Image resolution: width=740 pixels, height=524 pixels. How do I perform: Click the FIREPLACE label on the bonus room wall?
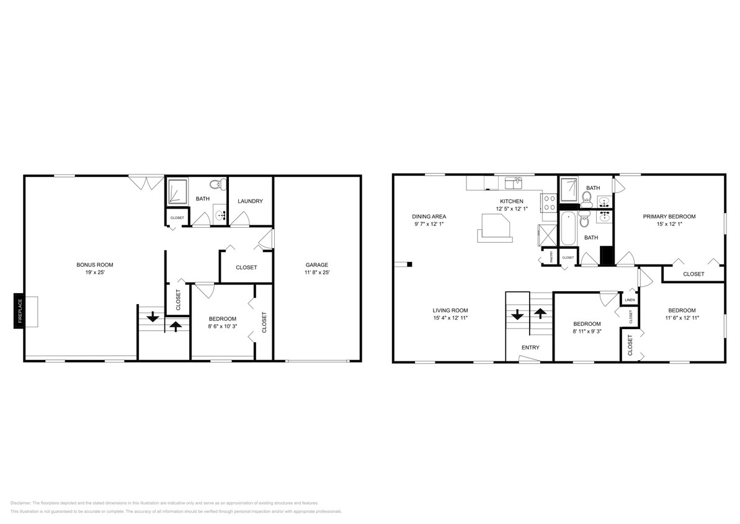point(19,310)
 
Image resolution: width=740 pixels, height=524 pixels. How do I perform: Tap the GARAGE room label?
point(316,264)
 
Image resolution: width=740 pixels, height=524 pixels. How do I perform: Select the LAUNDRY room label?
point(251,201)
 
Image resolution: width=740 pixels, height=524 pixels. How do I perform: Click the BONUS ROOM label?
point(95,264)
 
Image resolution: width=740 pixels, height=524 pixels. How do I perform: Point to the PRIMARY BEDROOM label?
point(669,217)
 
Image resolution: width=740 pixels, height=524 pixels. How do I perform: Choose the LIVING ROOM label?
point(450,310)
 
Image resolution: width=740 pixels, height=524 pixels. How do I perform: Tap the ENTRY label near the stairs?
point(530,348)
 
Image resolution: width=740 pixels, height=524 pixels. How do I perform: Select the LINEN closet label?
point(630,300)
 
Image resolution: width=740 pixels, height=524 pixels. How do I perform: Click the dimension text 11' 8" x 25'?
point(316,273)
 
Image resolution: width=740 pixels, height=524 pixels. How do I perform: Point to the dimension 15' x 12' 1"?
point(669,224)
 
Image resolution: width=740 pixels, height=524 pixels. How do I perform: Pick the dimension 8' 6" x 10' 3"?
point(222,325)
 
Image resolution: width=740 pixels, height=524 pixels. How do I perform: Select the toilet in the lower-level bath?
point(215,184)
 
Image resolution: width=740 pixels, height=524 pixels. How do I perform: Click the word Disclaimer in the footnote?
point(21,503)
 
